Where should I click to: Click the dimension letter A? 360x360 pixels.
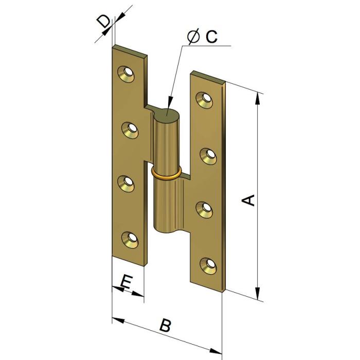tap(248, 200)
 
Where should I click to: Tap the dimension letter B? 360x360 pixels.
tap(165, 325)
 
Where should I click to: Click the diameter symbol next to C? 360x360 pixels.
tap(194, 37)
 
